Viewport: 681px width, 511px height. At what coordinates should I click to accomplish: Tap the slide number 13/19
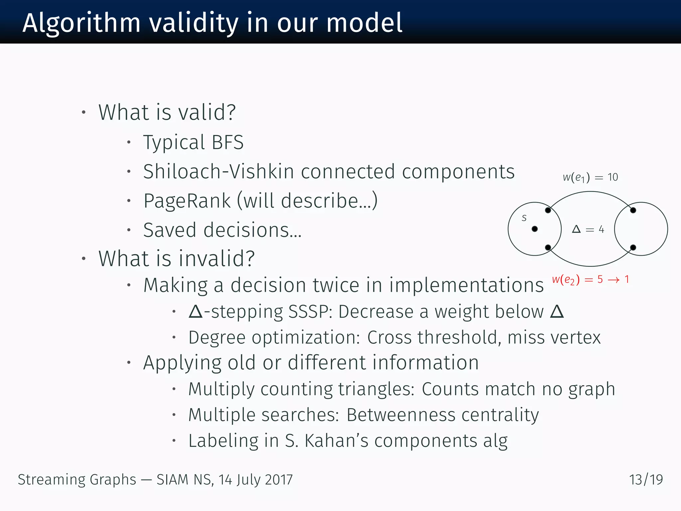pos(646,480)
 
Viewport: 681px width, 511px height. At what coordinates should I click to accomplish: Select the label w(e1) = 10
pos(590,177)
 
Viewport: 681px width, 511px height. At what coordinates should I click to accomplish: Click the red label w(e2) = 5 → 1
pos(590,279)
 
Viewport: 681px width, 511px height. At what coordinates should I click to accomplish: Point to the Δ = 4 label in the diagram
pos(588,229)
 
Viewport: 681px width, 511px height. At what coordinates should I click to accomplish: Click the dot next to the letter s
pos(535,229)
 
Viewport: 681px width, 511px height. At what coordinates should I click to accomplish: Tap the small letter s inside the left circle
pos(524,218)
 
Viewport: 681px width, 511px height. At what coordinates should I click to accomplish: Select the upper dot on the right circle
pos(633,210)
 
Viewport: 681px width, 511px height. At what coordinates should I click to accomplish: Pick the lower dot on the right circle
pos(633,248)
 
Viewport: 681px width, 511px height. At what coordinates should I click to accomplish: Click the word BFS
pos(228,142)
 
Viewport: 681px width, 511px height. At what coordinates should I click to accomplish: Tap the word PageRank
pos(187,201)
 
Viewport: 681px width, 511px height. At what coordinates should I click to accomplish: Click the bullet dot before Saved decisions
pos(129,230)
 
